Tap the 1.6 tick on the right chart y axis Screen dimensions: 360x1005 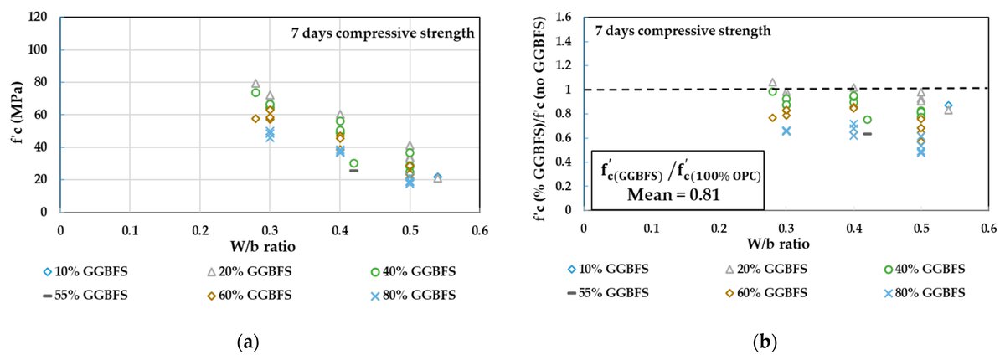point(564,17)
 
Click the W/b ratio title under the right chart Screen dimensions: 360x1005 point(785,244)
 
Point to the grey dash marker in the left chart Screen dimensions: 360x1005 point(353,170)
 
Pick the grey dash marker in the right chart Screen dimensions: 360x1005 point(867,133)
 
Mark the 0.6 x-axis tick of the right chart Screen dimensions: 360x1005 point(988,227)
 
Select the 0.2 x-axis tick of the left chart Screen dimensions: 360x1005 point(199,229)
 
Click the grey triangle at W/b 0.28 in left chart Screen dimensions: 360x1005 point(255,84)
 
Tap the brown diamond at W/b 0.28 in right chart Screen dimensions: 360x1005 point(772,118)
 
